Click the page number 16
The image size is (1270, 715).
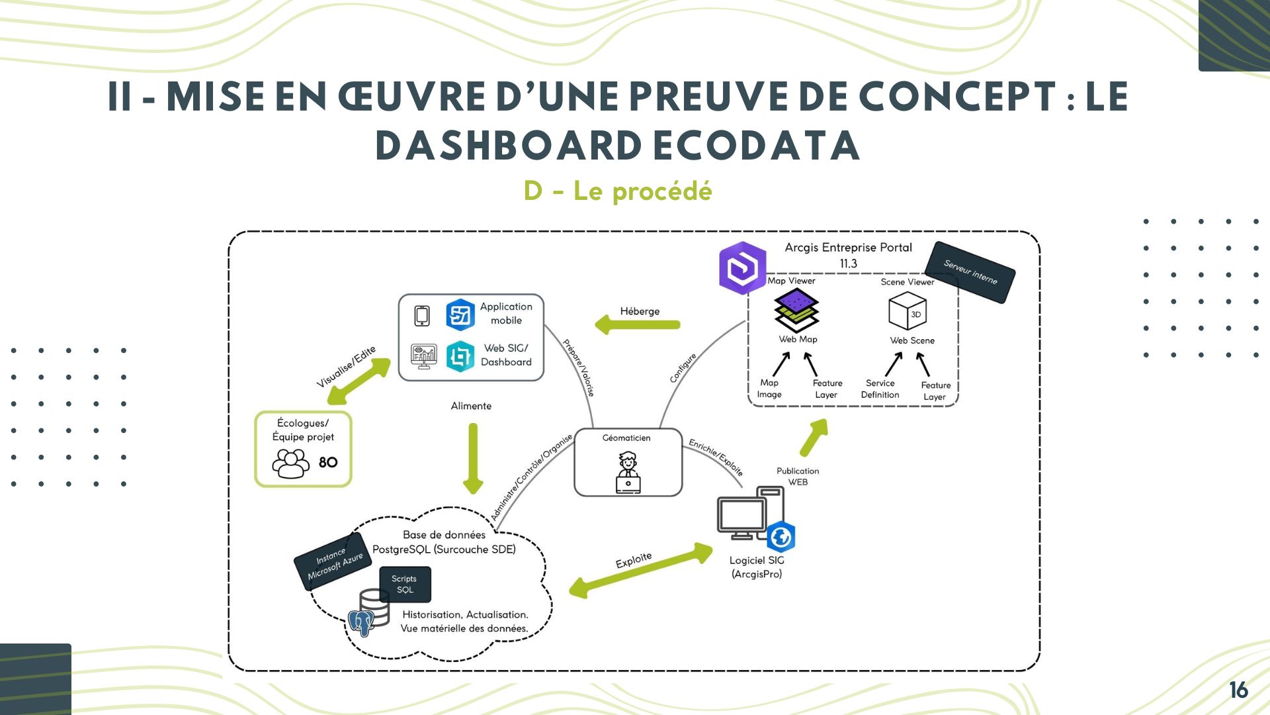1238,690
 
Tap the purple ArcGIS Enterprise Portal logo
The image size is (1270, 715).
742,267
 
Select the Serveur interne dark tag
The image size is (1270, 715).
970,272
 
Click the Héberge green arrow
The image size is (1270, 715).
638,324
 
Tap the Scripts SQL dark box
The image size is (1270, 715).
404,585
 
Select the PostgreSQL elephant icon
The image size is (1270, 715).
361,622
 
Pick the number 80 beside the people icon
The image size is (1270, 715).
328,462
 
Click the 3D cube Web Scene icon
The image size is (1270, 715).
908,311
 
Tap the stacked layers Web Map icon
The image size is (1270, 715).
797,310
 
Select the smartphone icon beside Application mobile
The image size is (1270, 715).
422,316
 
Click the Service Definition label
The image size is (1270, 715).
880,389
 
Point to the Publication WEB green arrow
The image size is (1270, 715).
814,438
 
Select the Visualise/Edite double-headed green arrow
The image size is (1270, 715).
359,381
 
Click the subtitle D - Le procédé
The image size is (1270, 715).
618,191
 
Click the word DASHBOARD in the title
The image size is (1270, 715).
508,146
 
